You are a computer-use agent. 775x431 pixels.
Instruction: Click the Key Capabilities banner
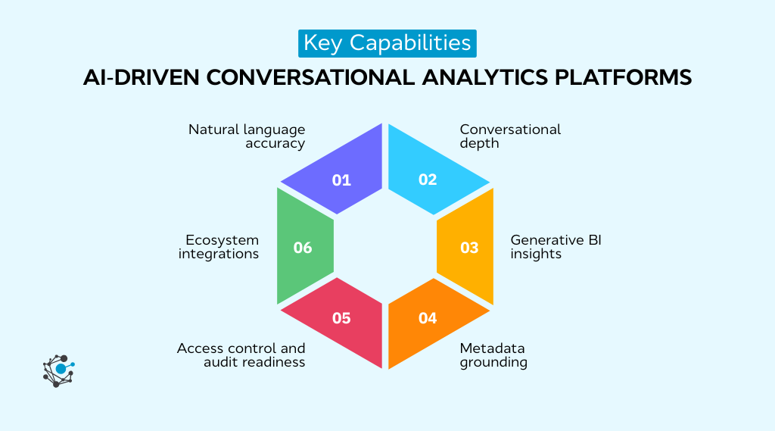(387, 42)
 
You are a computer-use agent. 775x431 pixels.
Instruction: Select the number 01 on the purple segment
(341, 180)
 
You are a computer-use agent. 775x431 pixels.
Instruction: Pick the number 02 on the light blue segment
(428, 180)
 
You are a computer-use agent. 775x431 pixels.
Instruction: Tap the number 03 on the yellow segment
(469, 248)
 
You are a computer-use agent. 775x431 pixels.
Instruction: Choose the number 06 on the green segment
(302, 248)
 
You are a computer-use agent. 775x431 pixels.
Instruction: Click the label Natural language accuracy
(247, 136)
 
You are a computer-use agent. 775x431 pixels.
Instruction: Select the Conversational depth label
(510, 136)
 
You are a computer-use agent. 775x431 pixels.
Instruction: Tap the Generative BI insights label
(556, 247)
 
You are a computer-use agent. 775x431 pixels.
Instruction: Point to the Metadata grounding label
(493, 355)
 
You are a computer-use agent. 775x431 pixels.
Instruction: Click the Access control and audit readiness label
(241, 355)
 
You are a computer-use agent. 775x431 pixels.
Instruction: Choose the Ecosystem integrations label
(219, 247)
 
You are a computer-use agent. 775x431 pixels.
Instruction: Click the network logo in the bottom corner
(58, 370)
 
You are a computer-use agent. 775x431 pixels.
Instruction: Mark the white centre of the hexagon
(385, 248)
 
